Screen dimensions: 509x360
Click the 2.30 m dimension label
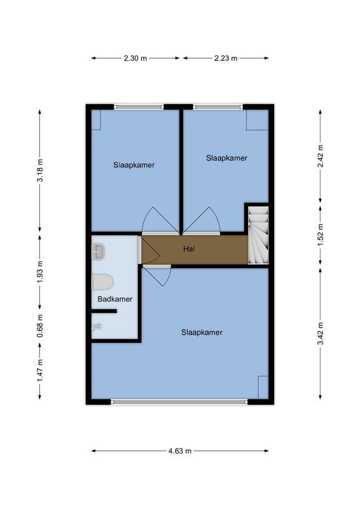(135, 58)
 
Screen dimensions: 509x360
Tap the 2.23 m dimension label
(226, 58)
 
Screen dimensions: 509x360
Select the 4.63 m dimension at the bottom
(180, 450)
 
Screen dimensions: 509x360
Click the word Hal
(188, 249)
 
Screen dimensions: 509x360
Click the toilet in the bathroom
(102, 281)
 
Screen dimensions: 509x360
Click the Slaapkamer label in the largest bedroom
(202, 331)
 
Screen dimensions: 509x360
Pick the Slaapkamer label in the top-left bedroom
(134, 164)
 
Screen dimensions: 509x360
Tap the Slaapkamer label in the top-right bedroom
(226, 158)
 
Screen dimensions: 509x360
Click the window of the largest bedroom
(179, 401)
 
